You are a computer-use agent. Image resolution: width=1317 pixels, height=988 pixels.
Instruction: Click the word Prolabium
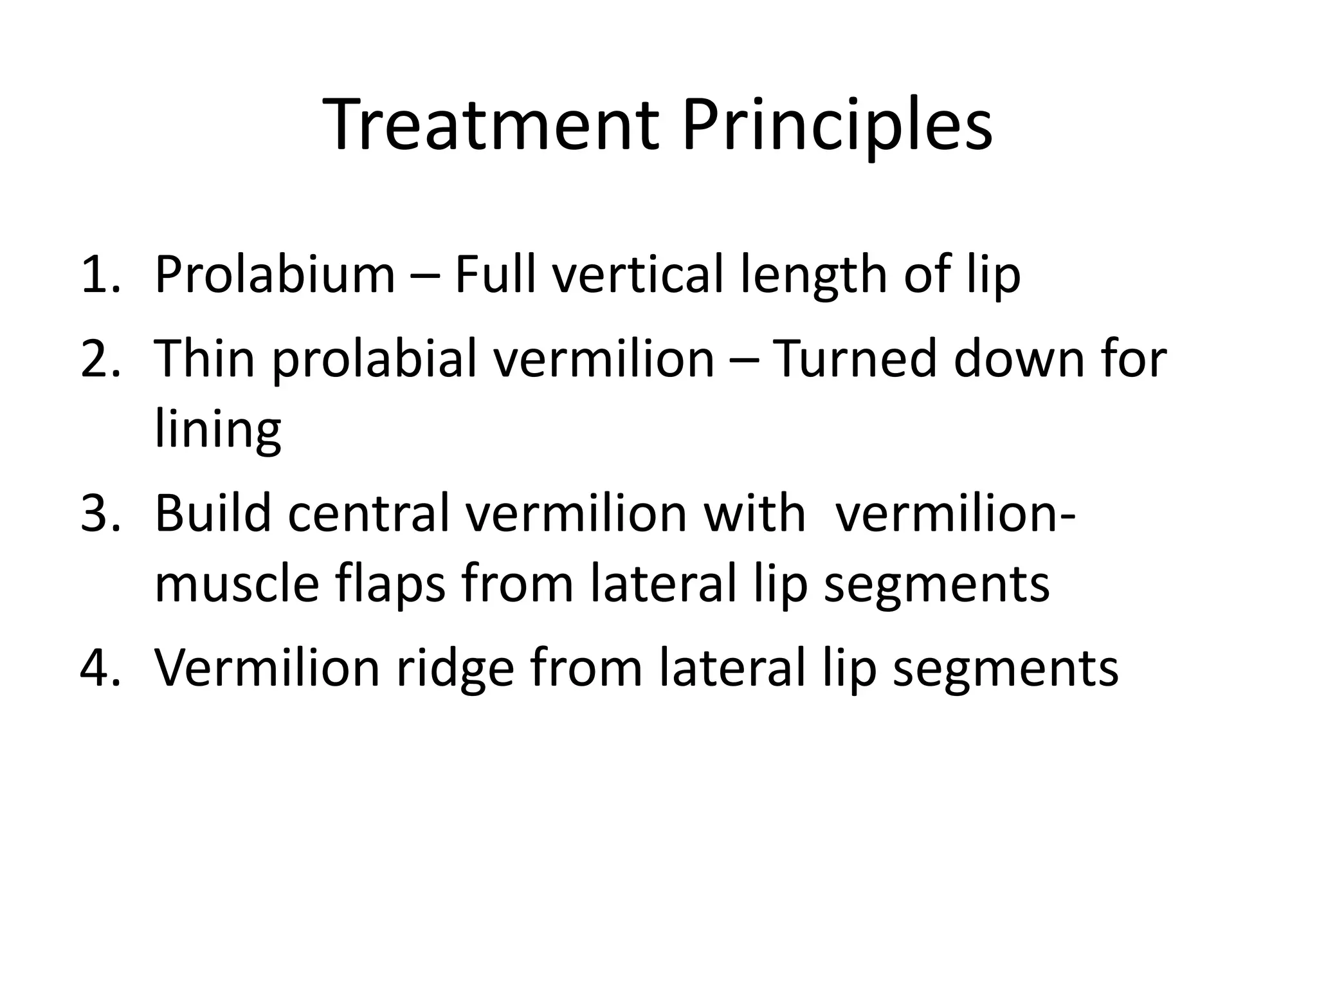(x=275, y=275)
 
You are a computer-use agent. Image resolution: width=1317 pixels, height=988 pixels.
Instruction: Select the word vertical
(x=639, y=275)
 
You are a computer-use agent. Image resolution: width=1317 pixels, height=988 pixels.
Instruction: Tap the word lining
(x=218, y=431)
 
